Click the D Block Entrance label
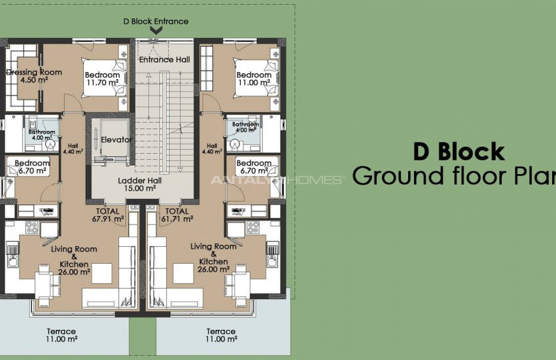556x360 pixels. pos(156,21)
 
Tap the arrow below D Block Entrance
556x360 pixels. pos(156,30)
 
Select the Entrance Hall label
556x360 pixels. pos(165,60)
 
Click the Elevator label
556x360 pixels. pos(116,139)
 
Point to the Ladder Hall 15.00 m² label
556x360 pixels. pos(137,184)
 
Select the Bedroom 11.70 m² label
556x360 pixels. pos(101,79)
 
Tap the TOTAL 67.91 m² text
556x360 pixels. pos(107,215)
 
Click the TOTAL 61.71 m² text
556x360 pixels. pos(177,215)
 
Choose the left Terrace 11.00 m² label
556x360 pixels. pos(62,335)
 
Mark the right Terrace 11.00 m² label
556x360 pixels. pos(221,335)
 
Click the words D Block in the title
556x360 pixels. pos(459,152)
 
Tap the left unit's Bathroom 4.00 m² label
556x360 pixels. pos(41,134)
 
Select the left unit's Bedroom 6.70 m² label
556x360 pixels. pos(32,167)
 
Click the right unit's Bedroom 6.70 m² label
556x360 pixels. pos(254,167)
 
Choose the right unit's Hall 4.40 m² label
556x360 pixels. pos(211,149)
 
